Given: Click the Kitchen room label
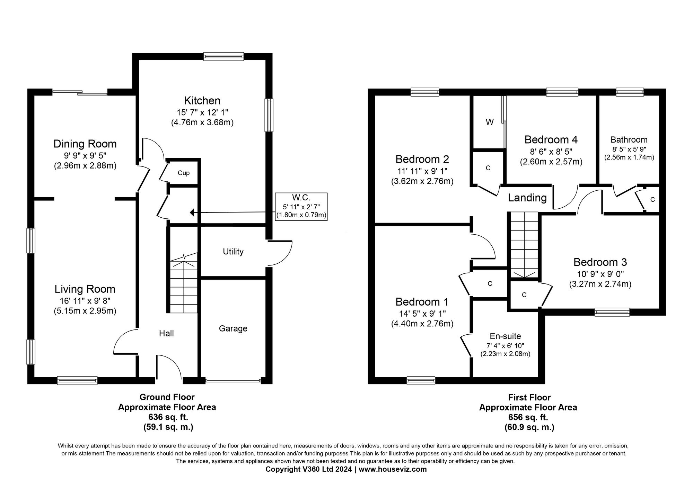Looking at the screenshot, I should coord(202,101).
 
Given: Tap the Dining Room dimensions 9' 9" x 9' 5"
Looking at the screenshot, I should coord(85,156).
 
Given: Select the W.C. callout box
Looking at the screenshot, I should coord(301,207).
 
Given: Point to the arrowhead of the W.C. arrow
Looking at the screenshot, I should coord(192,212).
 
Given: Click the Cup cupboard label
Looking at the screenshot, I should coord(183,173).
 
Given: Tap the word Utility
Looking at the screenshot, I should coord(233,252).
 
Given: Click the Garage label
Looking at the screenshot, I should coord(233,328).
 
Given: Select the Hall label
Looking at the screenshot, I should coord(166,334).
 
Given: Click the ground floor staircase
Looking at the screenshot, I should coord(183,287).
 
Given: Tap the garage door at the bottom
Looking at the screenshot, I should coord(233,381).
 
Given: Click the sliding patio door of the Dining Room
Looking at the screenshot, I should coord(80,92).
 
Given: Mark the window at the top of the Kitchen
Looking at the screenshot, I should coord(223,56).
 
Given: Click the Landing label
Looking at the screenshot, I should coord(527,198).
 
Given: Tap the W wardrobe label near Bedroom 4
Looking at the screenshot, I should coord(489,122).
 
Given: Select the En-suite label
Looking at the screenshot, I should coord(505,336).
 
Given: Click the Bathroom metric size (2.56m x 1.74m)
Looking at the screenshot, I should coord(629,157).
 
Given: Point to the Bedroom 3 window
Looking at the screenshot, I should coord(612,312).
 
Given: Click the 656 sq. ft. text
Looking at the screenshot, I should coord(528,417).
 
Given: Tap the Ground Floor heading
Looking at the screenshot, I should coord(167,397).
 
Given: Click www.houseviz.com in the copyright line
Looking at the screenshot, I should coord(393,470).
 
